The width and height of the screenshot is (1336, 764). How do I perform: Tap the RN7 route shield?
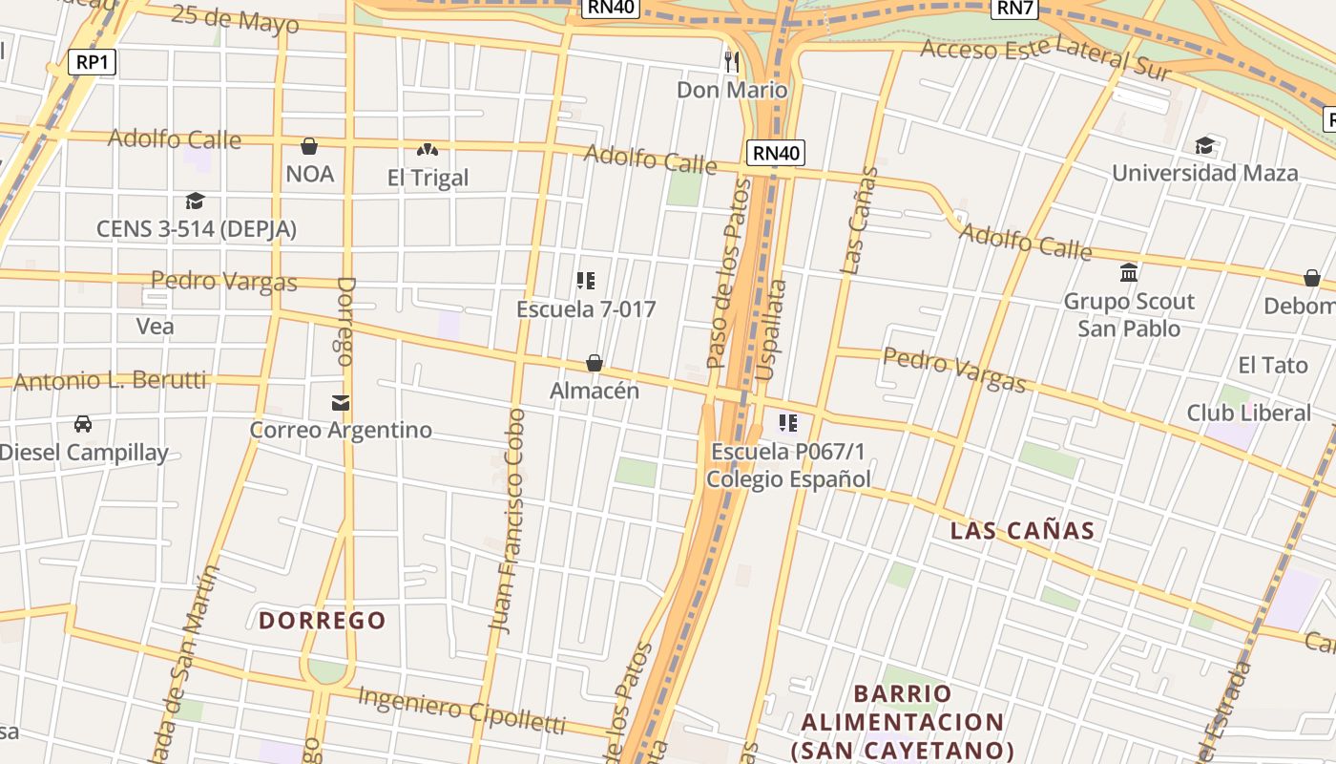click(1014, 9)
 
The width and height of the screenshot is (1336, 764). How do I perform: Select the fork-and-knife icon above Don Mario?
click(732, 62)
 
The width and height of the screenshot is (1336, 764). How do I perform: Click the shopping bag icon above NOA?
click(309, 146)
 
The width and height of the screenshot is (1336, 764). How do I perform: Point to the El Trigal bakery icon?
click(428, 150)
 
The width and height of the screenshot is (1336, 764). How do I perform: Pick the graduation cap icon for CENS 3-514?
click(196, 201)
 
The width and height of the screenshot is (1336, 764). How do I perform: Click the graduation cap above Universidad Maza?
click(1204, 145)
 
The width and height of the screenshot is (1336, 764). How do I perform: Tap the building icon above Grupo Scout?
click(1129, 273)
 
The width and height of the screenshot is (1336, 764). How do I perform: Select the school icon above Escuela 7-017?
click(586, 281)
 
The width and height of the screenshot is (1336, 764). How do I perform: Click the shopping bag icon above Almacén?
click(594, 363)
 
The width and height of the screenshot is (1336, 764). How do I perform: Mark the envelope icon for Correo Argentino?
click(341, 402)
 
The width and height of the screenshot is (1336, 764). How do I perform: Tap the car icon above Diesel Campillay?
click(83, 423)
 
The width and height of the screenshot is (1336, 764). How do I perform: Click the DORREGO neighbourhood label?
click(323, 621)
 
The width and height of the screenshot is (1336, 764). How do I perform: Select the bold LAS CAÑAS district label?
click(1022, 531)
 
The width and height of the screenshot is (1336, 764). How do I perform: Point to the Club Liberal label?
click(1248, 413)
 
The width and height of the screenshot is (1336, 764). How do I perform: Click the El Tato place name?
click(1272, 365)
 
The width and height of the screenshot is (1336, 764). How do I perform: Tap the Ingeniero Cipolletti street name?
click(462, 709)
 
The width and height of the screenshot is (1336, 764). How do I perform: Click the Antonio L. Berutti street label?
click(110, 380)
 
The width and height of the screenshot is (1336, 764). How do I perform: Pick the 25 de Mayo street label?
click(236, 20)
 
